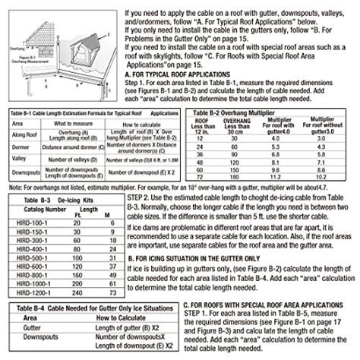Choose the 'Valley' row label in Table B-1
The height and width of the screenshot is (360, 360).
pos(21,158)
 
